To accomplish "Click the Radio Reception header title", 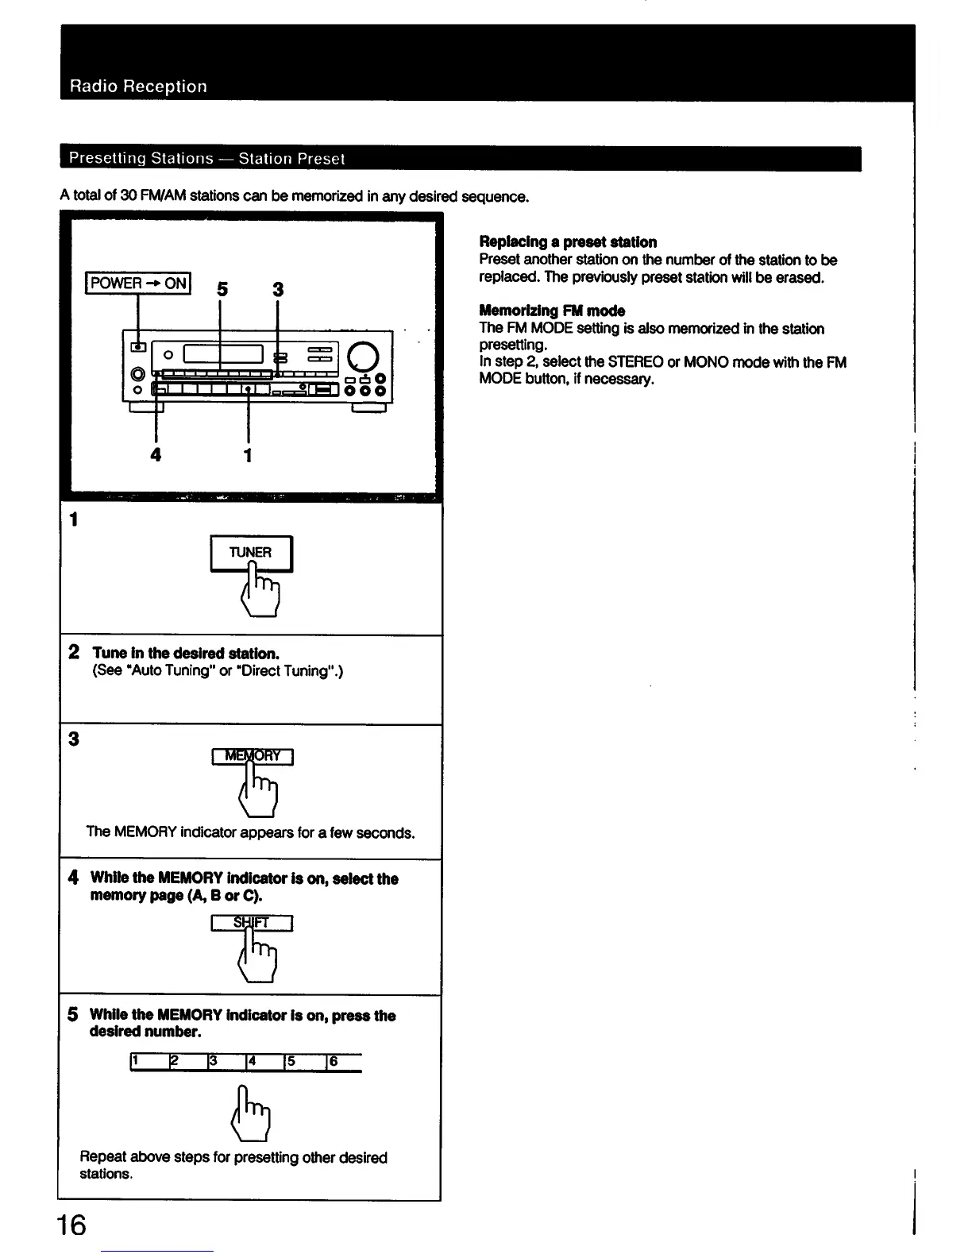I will click(138, 87).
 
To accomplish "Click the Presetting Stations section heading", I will click(206, 158).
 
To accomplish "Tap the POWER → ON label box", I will click(138, 283).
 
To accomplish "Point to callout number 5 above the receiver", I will click(222, 290).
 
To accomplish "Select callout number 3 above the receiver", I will click(278, 290).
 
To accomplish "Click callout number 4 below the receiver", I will click(156, 454).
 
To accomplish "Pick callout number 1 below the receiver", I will click(248, 454).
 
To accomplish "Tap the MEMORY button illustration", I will click(253, 756).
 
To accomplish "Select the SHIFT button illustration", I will click(253, 923).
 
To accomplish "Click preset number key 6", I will click(343, 1062).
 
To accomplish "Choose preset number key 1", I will click(148, 1062).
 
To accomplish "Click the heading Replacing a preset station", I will click(568, 241).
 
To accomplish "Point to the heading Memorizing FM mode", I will click(552, 311).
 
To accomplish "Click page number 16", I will click(71, 1225).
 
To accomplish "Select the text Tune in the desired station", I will click(186, 653).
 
